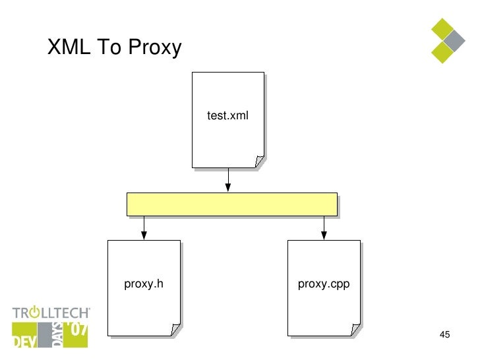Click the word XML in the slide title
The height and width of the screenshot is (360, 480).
coord(68,47)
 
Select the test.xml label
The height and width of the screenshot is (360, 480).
coord(227,116)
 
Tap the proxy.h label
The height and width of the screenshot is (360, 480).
coord(143,284)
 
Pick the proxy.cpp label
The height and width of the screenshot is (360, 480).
coord(323,284)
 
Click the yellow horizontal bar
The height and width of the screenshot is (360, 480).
coord(231,204)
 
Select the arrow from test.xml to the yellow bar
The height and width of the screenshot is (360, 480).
coord(228,180)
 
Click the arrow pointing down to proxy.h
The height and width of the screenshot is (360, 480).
coord(144,227)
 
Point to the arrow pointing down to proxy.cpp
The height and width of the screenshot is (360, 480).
coord(324,227)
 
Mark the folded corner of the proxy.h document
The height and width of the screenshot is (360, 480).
coord(175,329)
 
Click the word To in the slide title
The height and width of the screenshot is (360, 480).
coord(109,47)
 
